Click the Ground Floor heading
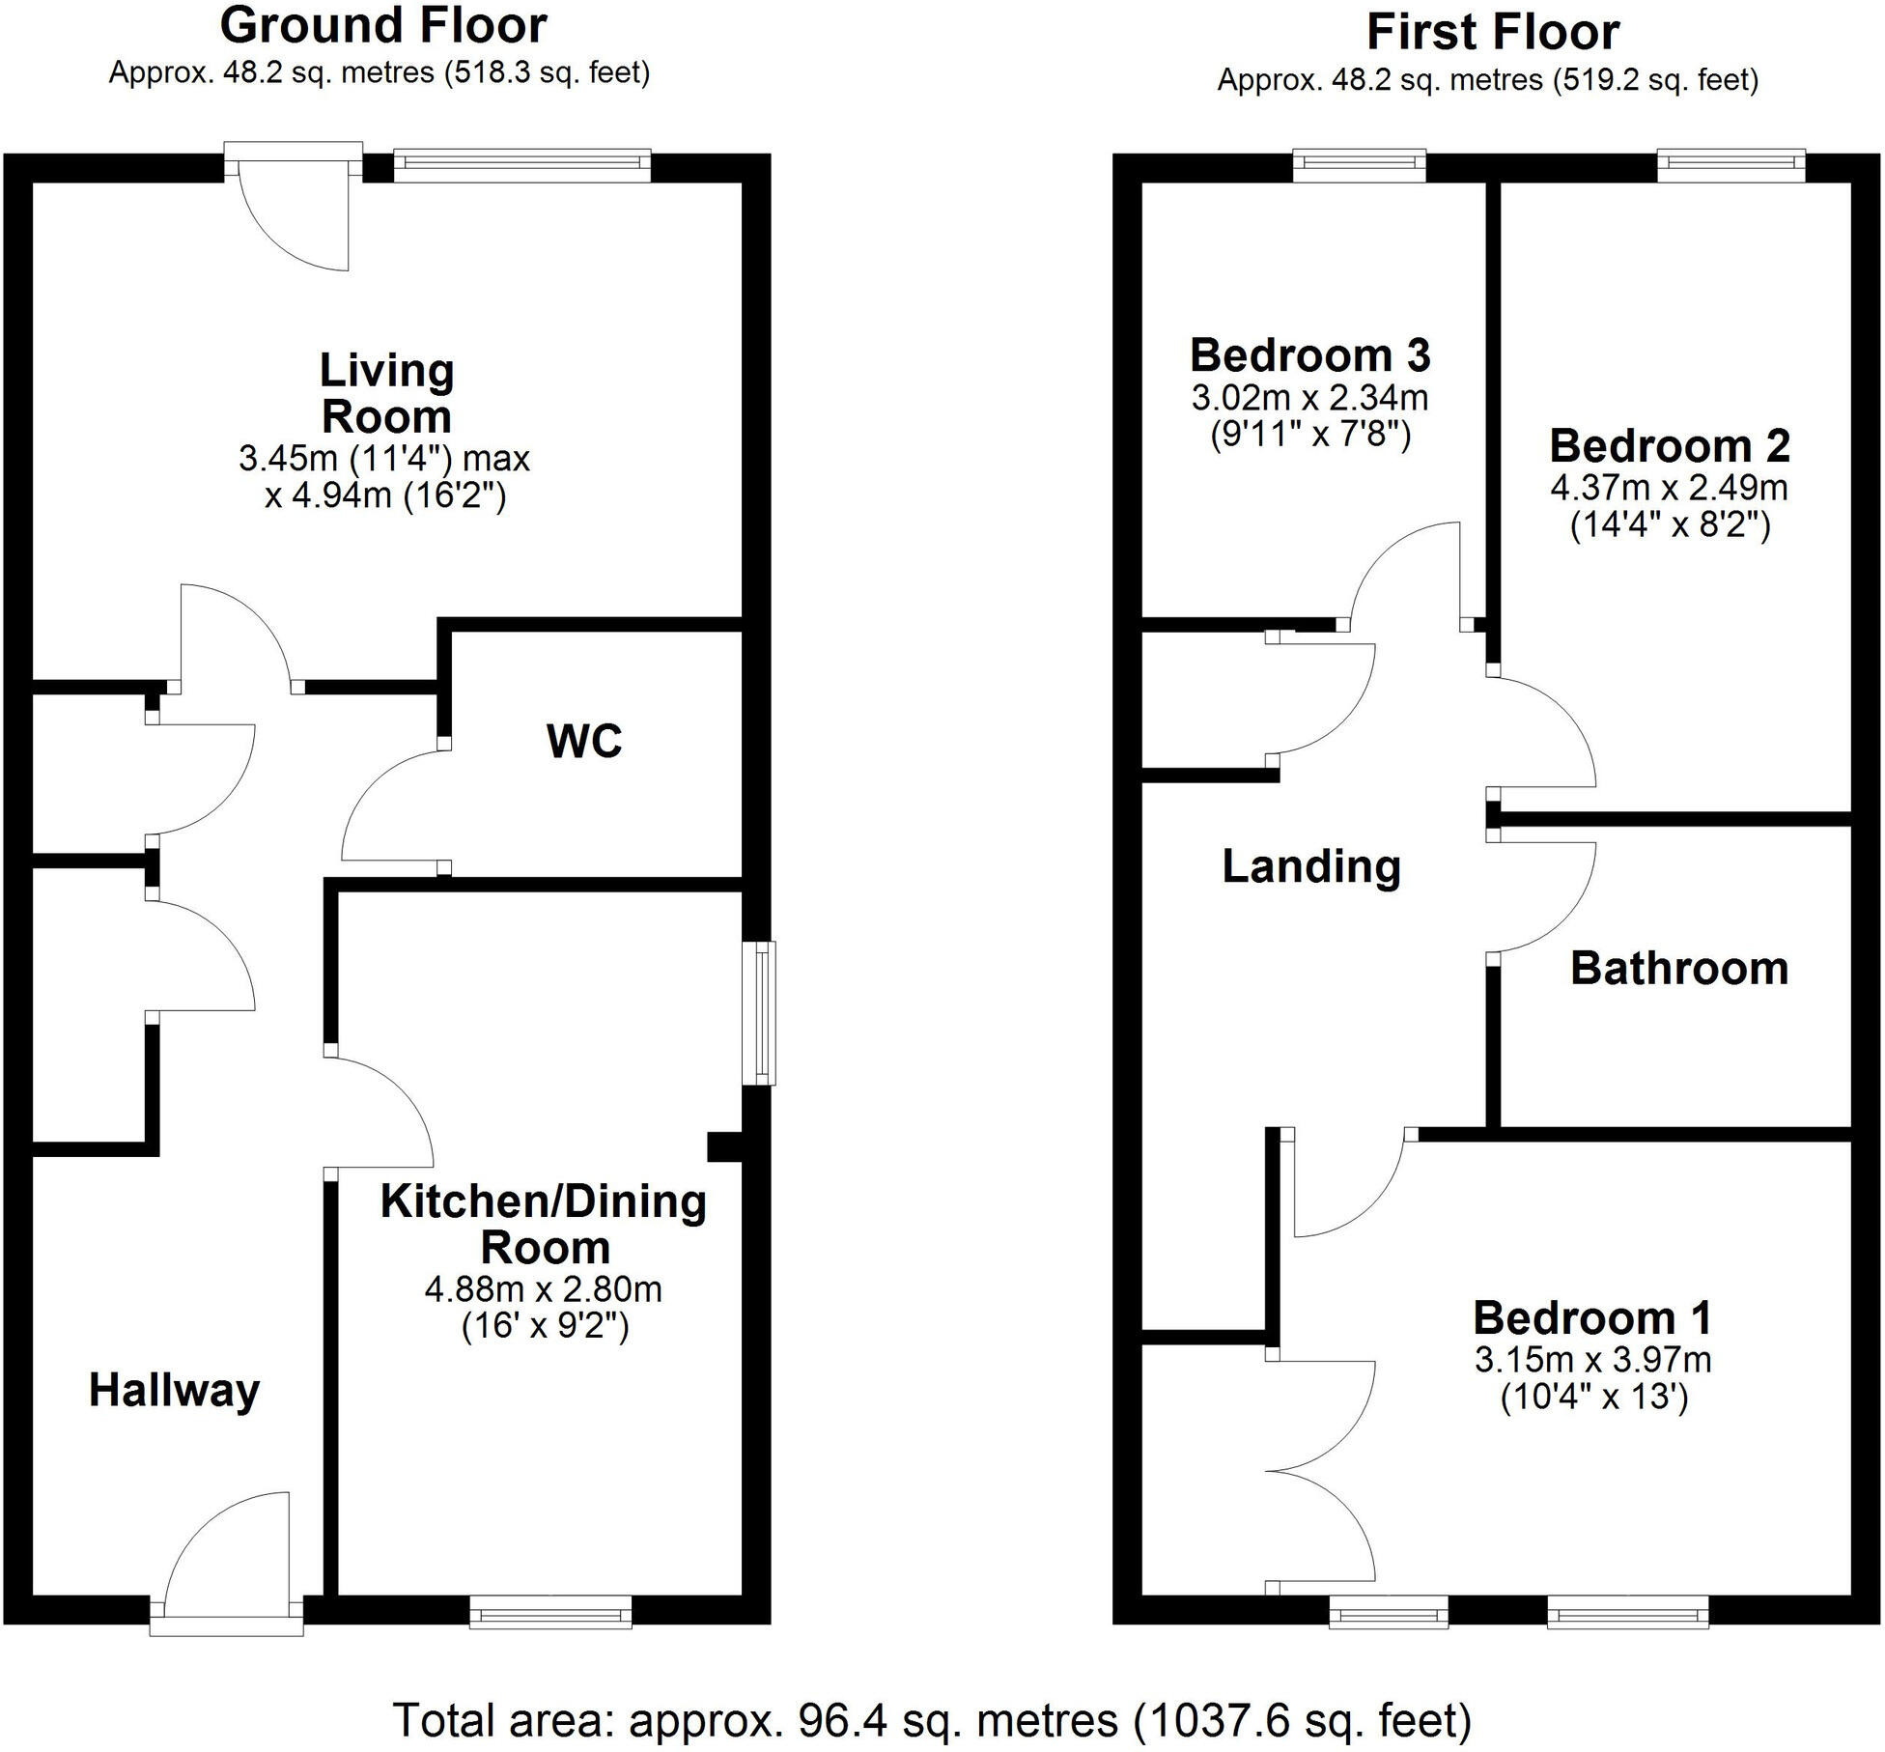[x=383, y=26]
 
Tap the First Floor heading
[x=1492, y=33]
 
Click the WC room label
[x=584, y=742]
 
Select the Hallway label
[x=175, y=1391]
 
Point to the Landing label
[x=1311, y=866]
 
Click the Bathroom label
[x=1679, y=969]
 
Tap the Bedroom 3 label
[x=1309, y=355]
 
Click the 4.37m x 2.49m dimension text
[x=1669, y=487]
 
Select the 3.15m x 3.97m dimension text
[x=1592, y=1360]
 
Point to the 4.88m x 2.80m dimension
[x=544, y=1288]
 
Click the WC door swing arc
[x=386, y=806]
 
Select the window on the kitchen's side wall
[x=764, y=1013]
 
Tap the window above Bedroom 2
[x=1730, y=164]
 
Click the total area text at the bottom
[x=932, y=1720]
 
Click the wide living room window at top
[x=522, y=165]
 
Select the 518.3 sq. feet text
[x=548, y=73]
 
